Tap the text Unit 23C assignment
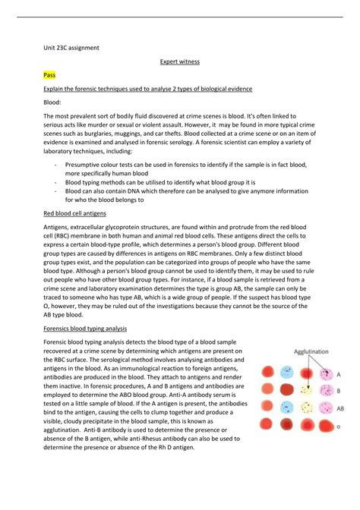click(x=71, y=48)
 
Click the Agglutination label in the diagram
click(x=313, y=351)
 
